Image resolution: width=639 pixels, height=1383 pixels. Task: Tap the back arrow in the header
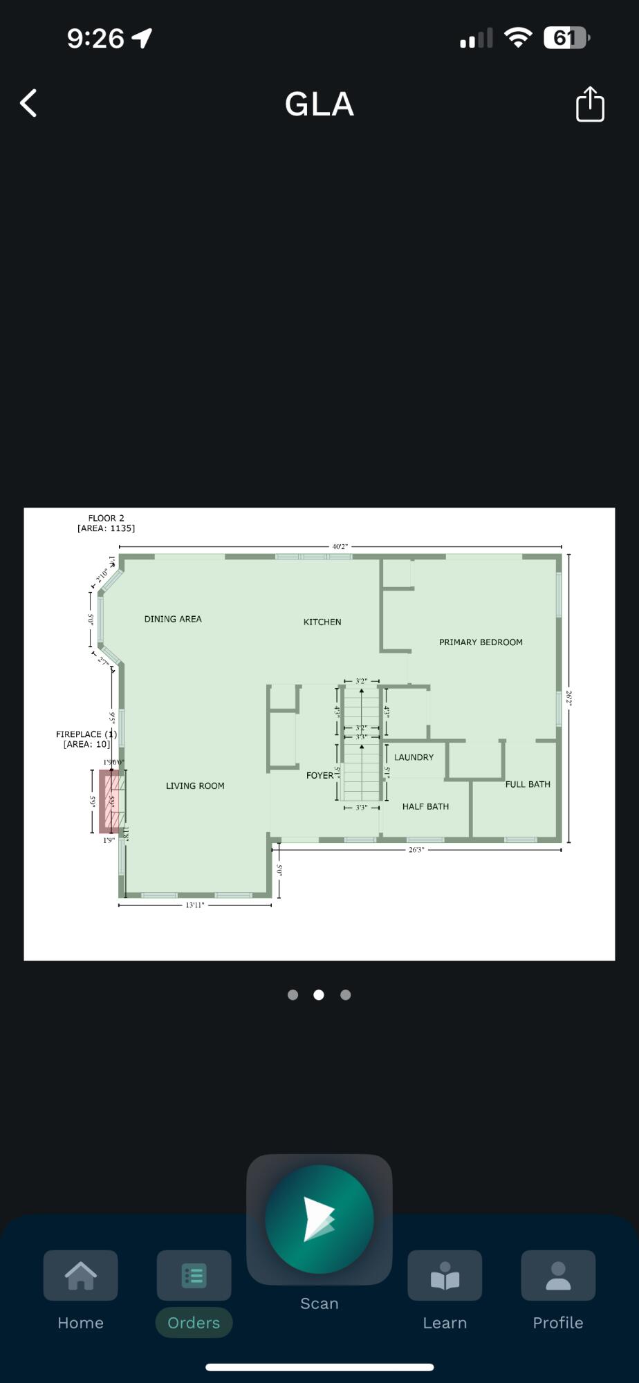click(28, 104)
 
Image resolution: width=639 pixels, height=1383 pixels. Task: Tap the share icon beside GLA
click(590, 104)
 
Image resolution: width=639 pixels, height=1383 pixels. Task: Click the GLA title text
click(319, 104)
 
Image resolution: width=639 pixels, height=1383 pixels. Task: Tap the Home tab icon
click(80, 1275)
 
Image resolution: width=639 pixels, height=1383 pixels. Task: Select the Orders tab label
click(194, 1322)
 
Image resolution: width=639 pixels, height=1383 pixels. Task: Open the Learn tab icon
click(445, 1275)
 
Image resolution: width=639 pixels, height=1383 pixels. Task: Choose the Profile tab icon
click(557, 1275)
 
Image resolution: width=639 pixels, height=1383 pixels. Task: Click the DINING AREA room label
click(173, 619)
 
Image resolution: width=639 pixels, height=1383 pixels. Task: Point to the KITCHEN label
click(322, 622)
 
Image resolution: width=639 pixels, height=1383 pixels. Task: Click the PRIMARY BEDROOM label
click(481, 642)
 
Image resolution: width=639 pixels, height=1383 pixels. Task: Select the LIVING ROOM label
click(195, 786)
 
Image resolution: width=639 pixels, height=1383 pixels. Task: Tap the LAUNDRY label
click(414, 757)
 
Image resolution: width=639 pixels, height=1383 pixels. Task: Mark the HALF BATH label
click(425, 806)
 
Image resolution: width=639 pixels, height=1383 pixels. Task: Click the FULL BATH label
click(528, 784)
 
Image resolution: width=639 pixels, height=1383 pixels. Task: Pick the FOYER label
click(319, 775)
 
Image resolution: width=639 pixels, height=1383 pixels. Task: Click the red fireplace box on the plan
click(111, 801)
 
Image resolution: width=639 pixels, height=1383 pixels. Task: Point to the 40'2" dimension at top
click(340, 546)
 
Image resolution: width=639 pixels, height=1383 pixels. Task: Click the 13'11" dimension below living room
click(195, 905)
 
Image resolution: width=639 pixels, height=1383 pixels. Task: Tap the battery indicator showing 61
click(565, 38)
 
